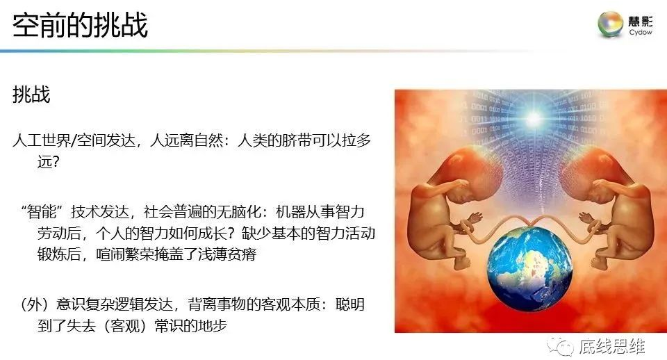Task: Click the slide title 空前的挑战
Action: click(80, 25)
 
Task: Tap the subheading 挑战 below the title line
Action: click(31, 95)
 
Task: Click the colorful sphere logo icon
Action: click(611, 24)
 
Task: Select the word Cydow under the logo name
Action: click(641, 33)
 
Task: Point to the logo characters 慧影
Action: click(641, 21)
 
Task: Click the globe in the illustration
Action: click(529, 269)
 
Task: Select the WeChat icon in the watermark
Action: click(560, 346)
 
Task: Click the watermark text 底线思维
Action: click(612, 346)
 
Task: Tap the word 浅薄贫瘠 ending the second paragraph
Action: click(227, 254)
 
